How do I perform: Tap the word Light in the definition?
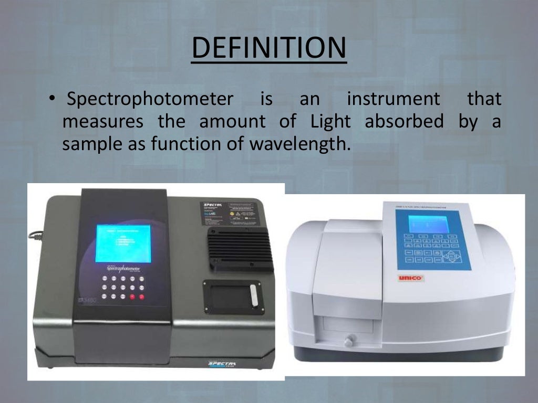pyautogui.click(x=330, y=122)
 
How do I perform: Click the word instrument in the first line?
pyautogui.click(x=393, y=99)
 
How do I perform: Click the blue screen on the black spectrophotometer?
pyautogui.click(x=123, y=243)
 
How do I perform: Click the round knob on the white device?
pyautogui.click(x=348, y=342)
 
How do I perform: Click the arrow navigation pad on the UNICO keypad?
pyautogui.click(x=451, y=256)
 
